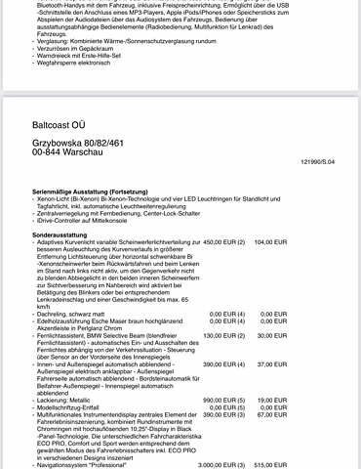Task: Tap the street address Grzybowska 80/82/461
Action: click(x=77, y=144)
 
